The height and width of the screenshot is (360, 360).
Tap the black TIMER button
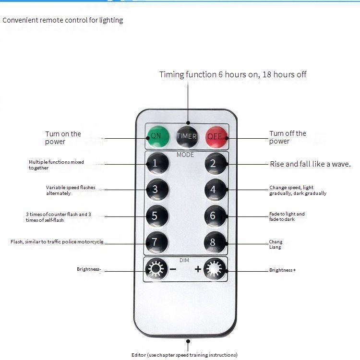click(187, 136)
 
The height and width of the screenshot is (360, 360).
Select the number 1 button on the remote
click(156, 163)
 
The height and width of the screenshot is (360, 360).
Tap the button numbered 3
click(156, 189)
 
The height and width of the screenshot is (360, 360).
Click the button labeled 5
click(156, 216)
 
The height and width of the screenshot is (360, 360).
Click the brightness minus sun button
click(156, 269)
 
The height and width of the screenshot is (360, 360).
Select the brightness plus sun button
click(215, 269)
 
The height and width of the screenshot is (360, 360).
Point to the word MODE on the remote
click(185, 155)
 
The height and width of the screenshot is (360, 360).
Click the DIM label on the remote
click(184, 260)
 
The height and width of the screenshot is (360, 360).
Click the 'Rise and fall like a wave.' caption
click(310, 164)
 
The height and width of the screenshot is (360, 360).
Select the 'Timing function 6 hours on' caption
click(233, 74)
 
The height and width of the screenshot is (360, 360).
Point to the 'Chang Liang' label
click(276, 244)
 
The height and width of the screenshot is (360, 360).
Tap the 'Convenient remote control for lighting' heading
click(63, 20)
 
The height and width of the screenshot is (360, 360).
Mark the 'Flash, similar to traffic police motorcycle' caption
click(57, 242)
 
